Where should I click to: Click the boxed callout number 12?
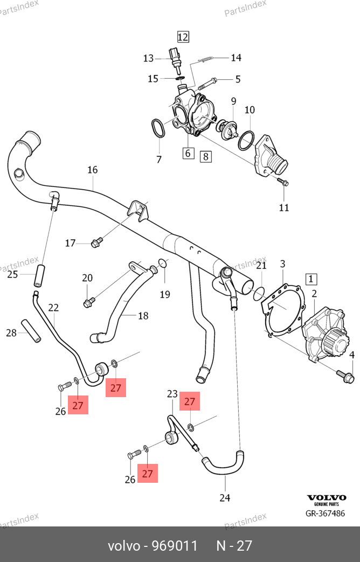(183, 37)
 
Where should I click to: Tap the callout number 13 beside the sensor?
(148, 58)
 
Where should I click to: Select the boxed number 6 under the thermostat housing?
(188, 153)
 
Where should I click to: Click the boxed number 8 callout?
(205, 157)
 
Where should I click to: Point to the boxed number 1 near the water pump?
(311, 279)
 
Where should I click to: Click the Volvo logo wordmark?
(326, 497)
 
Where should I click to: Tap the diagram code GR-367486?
(325, 513)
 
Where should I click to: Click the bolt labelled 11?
(282, 183)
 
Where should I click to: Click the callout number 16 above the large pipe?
(93, 170)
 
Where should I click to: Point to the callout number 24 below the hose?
(225, 497)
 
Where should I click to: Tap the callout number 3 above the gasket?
(282, 264)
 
